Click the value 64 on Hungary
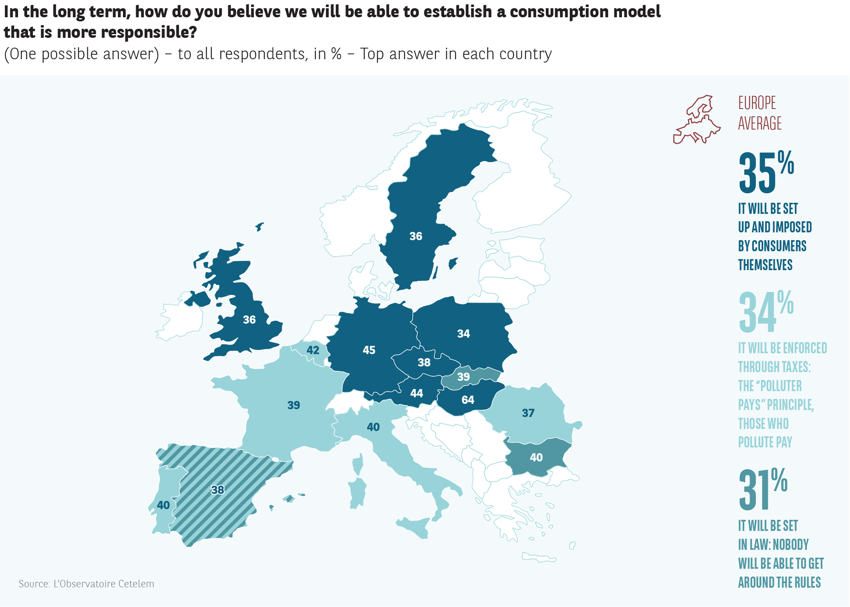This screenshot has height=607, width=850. pyautogui.click(x=468, y=400)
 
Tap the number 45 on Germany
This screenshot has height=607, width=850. pyautogui.click(x=369, y=350)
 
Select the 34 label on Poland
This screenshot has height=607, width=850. pyautogui.click(x=463, y=334)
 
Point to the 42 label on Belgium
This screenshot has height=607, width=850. pyautogui.click(x=313, y=350)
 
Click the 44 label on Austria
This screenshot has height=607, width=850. pyautogui.click(x=417, y=393)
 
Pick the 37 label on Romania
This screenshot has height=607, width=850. pyautogui.click(x=528, y=413)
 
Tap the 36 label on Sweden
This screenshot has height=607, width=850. pyautogui.click(x=416, y=236)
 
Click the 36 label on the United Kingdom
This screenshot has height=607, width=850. pyautogui.click(x=249, y=320)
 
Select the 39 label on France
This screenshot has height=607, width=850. pyautogui.click(x=294, y=405)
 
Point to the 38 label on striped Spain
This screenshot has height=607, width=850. pyautogui.click(x=218, y=490)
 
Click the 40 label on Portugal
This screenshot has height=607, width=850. pyautogui.click(x=163, y=505)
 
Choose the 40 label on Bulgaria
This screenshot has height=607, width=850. pyautogui.click(x=536, y=457)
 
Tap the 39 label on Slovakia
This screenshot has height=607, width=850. pyautogui.click(x=463, y=377)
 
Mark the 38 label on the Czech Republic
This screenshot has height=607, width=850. pyautogui.click(x=424, y=362)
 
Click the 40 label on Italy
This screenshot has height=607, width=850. pyautogui.click(x=373, y=427)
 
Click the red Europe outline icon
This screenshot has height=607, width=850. pyautogui.click(x=697, y=120)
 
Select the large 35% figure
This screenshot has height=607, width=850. pyautogui.click(x=766, y=173)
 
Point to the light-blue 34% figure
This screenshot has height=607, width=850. pyautogui.click(x=766, y=312)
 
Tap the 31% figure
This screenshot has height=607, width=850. pyautogui.click(x=763, y=489)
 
